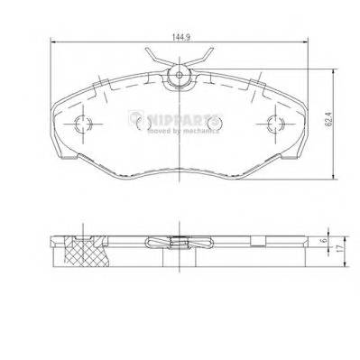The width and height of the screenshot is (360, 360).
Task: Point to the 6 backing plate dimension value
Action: (324, 241)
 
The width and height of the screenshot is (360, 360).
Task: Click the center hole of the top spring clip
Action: (180, 75)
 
